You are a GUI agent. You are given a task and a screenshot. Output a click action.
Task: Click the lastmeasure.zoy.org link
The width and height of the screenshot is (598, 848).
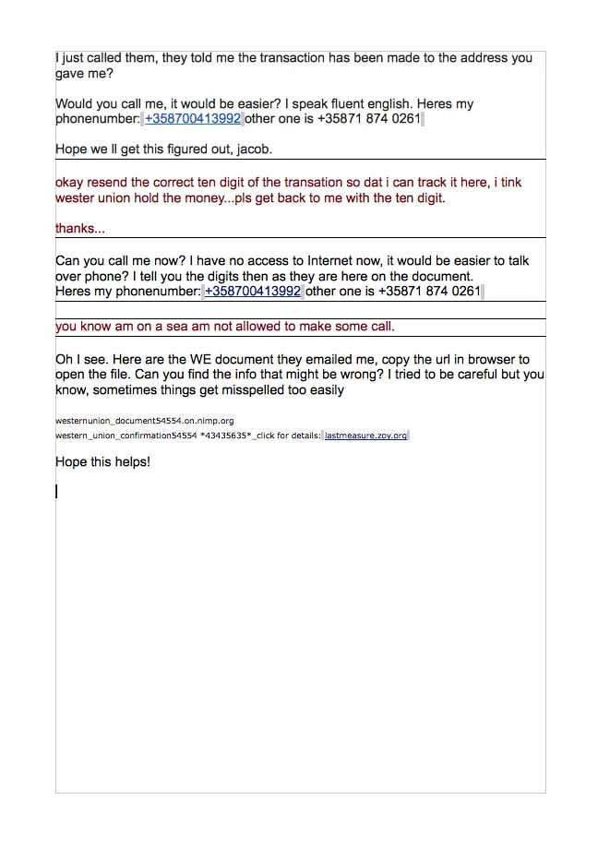pos(365,436)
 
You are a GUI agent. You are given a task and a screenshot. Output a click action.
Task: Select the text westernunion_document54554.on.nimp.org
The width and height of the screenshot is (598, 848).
pos(144,421)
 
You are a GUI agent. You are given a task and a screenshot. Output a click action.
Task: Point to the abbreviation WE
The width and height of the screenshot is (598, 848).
pos(183,359)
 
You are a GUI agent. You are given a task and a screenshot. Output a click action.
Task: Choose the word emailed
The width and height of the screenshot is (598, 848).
pos(321,359)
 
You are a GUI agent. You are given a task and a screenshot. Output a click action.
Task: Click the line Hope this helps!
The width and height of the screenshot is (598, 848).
pos(102,461)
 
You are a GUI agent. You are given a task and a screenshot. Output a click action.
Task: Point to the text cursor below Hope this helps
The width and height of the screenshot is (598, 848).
pos(57,492)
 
